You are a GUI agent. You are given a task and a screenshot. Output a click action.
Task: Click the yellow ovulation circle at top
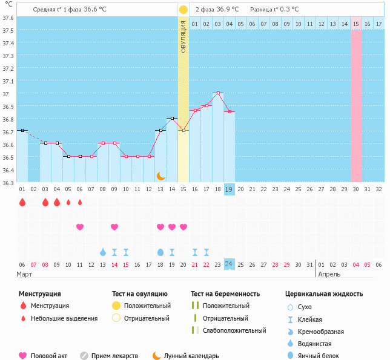coord(183,10)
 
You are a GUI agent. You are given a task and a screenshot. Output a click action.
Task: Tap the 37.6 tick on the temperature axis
coord(8,18)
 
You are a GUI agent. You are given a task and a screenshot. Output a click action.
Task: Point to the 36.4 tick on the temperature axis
coord(8,170)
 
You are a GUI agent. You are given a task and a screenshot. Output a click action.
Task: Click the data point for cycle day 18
coord(218,93)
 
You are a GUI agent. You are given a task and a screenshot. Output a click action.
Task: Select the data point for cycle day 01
coord(22,130)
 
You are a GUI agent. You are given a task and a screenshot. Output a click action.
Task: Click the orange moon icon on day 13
coord(160,175)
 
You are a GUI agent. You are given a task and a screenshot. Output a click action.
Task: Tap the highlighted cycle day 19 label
coord(230,189)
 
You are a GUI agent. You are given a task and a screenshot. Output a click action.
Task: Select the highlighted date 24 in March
coord(230,264)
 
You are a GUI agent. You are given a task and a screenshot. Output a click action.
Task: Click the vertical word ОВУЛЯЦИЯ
coord(183,37)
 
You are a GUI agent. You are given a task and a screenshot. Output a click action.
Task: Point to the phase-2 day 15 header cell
coord(356,24)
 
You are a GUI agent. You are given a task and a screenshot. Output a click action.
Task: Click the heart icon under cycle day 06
coord(80,227)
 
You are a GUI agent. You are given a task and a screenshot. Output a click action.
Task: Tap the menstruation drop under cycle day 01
coord(22,202)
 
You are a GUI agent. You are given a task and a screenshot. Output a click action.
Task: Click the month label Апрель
coord(329,274)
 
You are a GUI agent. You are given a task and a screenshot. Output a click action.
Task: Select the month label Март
coord(25,274)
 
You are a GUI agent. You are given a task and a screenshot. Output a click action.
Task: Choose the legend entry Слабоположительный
coord(234,330)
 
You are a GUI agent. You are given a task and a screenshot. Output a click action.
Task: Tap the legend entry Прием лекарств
coord(114,356)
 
